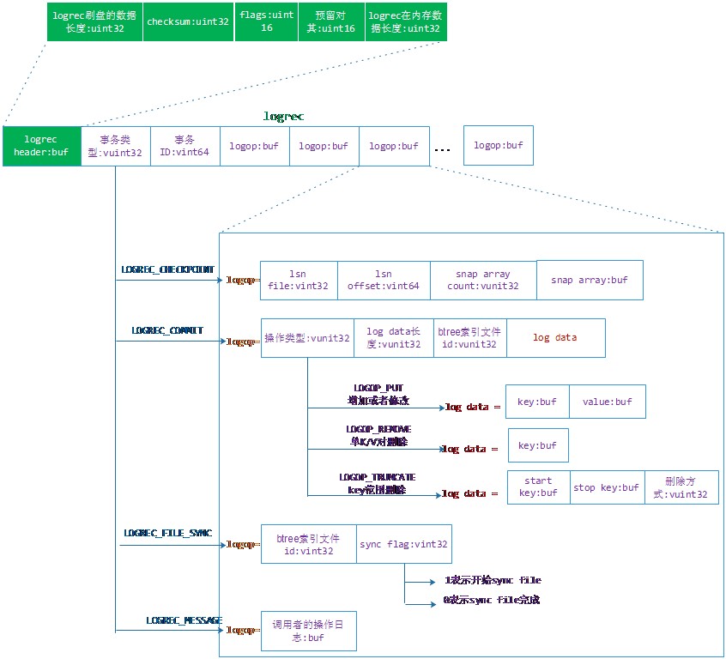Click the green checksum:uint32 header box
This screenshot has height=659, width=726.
click(x=187, y=21)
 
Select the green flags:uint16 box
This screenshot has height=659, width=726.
click(x=266, y=21)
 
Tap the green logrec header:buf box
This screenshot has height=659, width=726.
click(x=41, y=146)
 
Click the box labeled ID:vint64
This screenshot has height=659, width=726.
click(x=185, y=146)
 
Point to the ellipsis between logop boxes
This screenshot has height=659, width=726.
click(x=442, y=148)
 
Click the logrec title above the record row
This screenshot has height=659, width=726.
click(x=283, y=116)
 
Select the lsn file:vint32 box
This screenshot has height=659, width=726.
click(x=299, y=281)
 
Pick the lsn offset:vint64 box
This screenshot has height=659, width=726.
click(x=384, y=281)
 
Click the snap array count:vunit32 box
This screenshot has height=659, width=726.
click(x=483, y=281)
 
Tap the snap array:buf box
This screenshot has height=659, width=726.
click(x=590, y=280)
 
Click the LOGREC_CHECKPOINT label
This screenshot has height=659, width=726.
click(x=167, y=269)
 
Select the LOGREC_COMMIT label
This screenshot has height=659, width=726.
click(x=167, y=329)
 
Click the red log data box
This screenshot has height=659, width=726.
click(x=555, y=338)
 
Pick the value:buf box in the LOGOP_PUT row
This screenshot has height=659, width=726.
click(x=607, y=402)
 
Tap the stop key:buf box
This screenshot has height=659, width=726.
click(x=607, y=487)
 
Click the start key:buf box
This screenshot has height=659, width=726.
click(x=538, y=487)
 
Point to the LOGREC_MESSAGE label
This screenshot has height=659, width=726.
click(x=184, y=620)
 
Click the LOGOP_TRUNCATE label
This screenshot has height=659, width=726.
click(x=377, y=476)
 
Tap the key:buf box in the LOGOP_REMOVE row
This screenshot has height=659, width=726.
click(x=538, y=445)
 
